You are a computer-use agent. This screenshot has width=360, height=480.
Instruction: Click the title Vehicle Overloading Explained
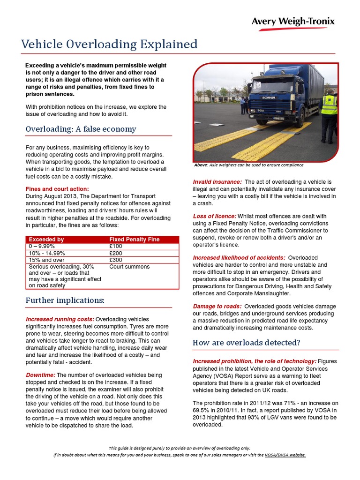109,45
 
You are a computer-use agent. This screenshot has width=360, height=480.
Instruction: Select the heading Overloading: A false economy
81,129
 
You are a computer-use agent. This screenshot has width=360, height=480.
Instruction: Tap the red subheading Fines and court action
56,188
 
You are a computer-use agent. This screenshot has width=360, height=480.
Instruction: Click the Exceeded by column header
46,240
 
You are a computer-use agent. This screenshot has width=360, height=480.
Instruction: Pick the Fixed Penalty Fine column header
134,240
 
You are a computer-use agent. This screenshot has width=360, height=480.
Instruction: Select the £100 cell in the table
115,246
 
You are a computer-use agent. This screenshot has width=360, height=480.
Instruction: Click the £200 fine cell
115,253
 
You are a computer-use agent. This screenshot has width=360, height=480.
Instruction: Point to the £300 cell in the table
115,260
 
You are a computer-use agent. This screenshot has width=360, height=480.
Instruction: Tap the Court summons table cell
129,267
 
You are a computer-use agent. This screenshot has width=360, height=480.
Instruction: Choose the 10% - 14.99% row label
47,253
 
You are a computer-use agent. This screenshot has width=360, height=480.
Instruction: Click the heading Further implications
65,300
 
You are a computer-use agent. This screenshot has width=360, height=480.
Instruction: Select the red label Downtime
40,375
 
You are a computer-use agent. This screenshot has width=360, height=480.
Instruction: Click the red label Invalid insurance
217,182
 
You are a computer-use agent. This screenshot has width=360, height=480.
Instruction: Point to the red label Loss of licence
214,217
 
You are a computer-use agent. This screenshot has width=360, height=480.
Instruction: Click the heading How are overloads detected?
246,343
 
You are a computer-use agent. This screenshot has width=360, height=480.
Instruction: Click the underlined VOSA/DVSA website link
285,455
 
